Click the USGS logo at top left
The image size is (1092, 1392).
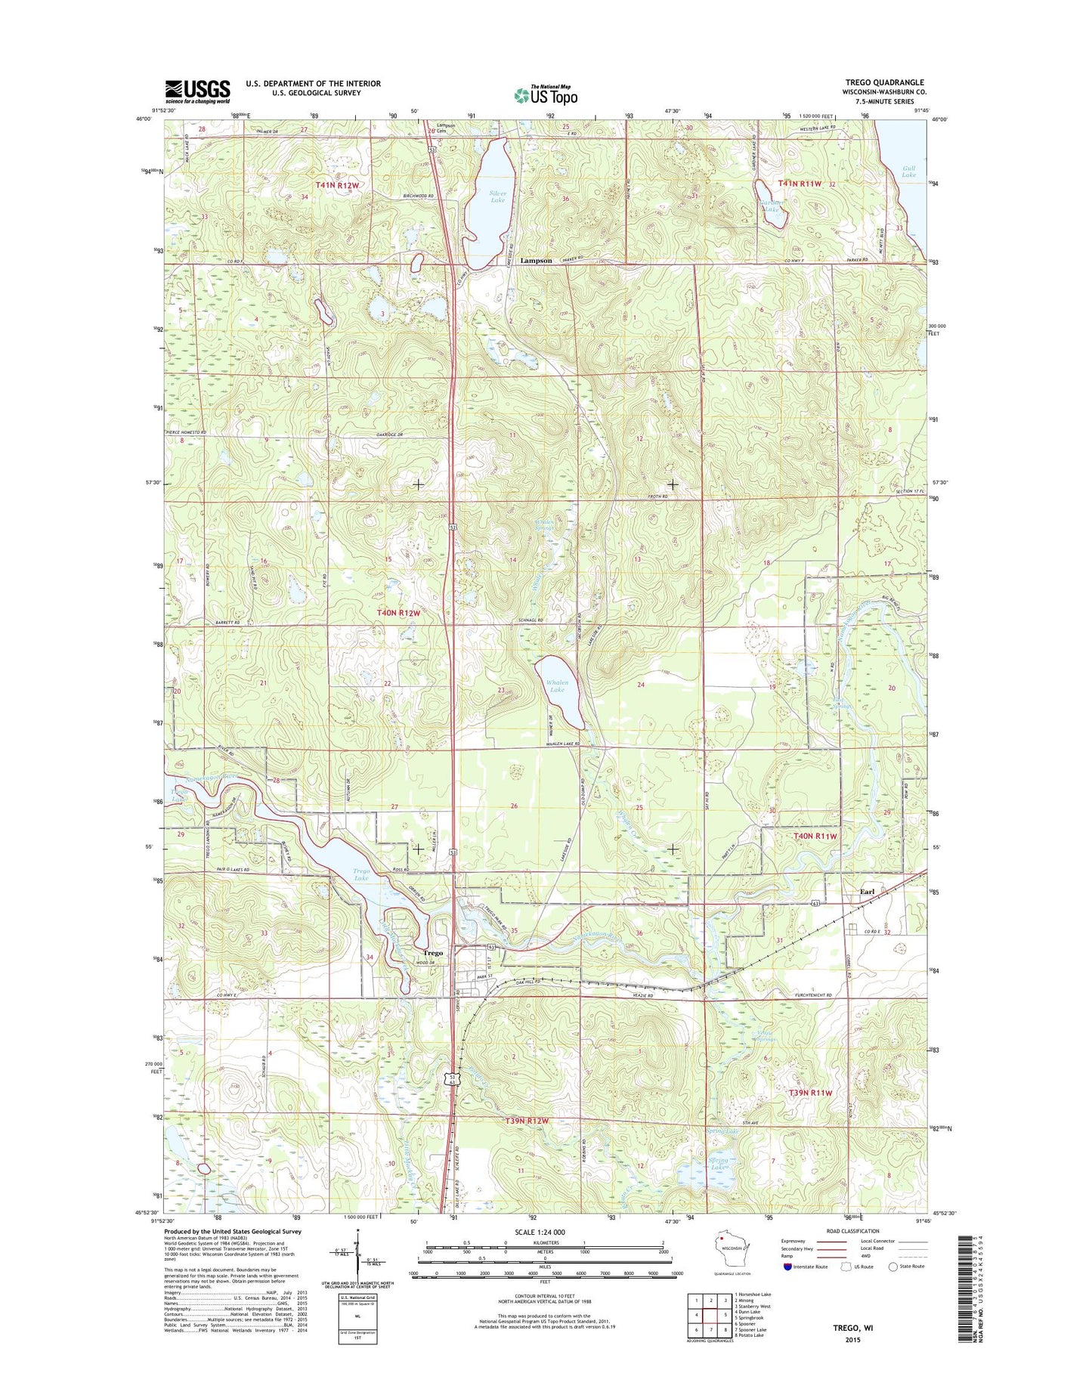[x=197, y=91]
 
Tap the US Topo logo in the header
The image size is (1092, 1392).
[x=546, y=94]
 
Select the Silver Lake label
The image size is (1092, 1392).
[x=497, y=196]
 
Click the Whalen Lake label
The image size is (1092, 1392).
[x=556, y=686]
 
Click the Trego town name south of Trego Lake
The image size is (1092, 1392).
[x=433, y=953]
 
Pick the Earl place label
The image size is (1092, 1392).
[x=867, y=892]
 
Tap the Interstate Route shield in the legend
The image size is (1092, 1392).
[x=787, y=1267]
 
